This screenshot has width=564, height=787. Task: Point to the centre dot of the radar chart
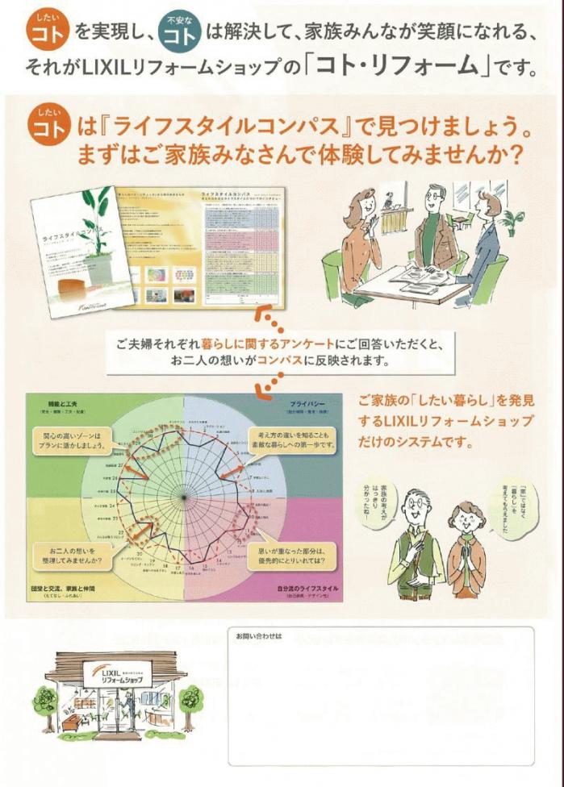[183, 494]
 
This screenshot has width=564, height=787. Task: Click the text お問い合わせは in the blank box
[257, 636]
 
